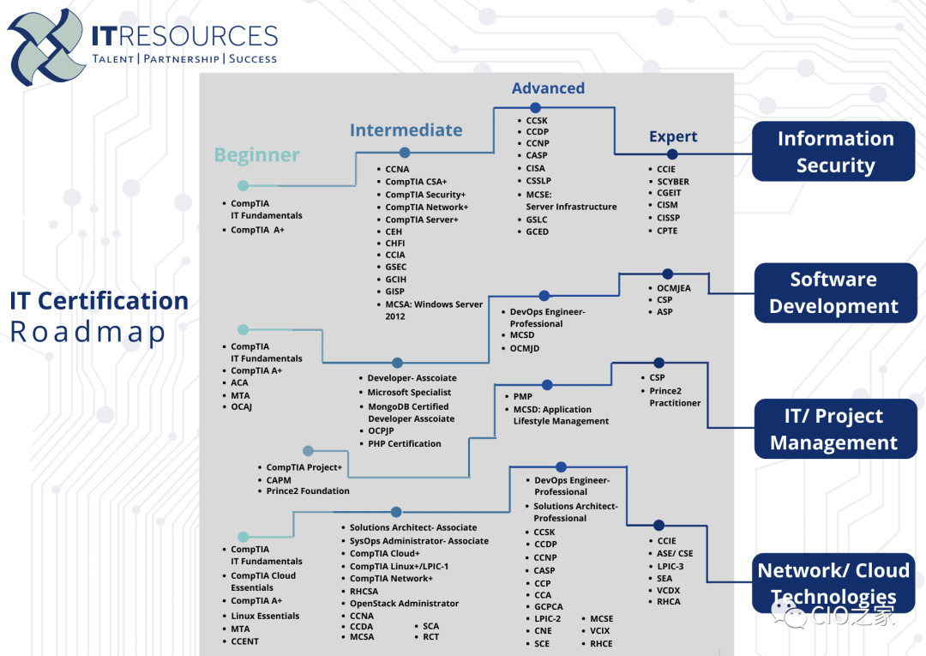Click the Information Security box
click(834, 152)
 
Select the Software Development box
click(834, 292)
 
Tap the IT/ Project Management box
click(834, 429)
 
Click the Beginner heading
click(256, 155)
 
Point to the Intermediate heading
click(406, 130)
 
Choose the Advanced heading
click(548, 88)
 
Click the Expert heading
click(673, 136)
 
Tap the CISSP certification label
click(668, 218)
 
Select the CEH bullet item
click(394, 232)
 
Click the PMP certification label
click(522, 397)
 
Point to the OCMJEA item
click(673, 289)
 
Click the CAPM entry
click(279, 480)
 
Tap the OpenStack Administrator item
click(404, 604)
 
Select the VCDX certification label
click(668, 590)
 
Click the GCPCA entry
click(548, 606)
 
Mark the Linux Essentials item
click(265, 616)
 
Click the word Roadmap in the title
click(87, 332)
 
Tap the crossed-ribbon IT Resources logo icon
click(47, 48)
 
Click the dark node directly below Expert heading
click(672, 154)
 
